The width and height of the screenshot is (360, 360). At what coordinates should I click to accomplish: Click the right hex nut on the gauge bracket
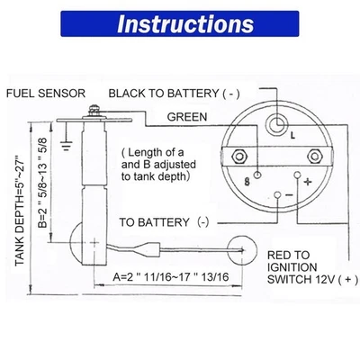(323, 155)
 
